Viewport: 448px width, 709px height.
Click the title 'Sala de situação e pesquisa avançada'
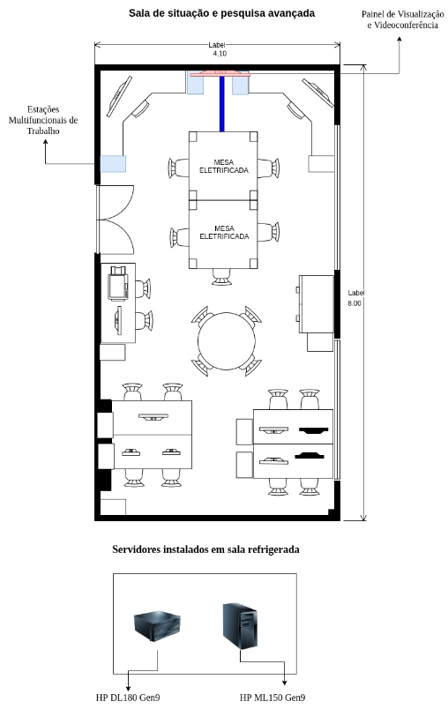point(220,13)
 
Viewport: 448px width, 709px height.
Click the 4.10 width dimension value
point(219,54)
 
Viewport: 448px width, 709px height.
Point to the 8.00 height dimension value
point(355,302)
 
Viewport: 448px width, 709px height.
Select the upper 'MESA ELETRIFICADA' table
point(223,166)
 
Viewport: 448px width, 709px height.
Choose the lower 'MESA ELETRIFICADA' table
point(223,234)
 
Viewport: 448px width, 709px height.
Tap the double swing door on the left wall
point(115,218)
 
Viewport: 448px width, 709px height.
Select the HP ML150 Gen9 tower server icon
point(240,624)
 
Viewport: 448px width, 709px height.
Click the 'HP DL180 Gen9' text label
point(128,698)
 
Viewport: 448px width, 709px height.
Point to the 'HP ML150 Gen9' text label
point(273,698)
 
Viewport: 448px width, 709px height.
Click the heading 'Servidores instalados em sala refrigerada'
point(205,549)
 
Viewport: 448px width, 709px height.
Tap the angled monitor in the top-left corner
point(115,96)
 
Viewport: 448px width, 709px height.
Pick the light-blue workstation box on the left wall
point(112,163)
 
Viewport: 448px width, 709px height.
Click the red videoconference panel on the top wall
point(220,71)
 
